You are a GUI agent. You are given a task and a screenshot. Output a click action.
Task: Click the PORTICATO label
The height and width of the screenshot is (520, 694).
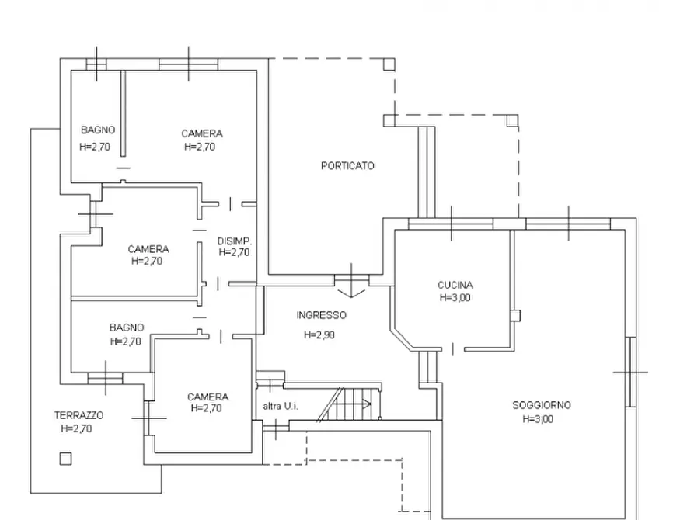[x=347, y=166]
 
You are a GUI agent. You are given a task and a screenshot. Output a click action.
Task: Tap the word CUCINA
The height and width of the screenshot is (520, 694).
[x=455, y=285]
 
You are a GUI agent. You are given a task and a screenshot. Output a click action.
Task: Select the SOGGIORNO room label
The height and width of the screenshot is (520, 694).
[x=542, y=405]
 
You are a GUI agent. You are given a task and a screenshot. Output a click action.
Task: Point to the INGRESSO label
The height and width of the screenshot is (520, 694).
[x=321, y=315]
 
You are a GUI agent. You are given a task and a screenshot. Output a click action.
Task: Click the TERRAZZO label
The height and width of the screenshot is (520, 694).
[x=78, y=415]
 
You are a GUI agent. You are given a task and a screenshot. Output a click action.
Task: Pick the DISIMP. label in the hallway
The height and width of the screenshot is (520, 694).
[x=235, y=241]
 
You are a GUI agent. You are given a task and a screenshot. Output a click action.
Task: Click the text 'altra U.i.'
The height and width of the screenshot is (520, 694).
[x=281, y=406]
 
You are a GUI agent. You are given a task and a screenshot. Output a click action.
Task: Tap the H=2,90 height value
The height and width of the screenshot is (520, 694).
[x=319, y=335]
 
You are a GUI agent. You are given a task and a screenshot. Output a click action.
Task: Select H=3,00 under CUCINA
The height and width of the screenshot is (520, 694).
[x=455, y=297]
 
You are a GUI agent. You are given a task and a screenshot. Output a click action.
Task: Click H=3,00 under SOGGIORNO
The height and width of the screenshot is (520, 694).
[x=539, y=419]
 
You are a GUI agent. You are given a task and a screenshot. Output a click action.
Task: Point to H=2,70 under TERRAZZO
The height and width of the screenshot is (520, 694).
[x=77, y=428]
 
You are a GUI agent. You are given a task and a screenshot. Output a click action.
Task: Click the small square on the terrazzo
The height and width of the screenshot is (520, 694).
[x=65, y=459]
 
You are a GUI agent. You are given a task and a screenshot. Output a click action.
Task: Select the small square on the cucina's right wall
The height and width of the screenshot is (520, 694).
[x=514, y=315]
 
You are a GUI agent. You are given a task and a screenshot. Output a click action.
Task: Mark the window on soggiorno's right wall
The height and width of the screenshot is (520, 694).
[x=631, y=372]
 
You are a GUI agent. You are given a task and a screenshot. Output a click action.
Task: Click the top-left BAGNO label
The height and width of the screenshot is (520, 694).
[x=98, y=130]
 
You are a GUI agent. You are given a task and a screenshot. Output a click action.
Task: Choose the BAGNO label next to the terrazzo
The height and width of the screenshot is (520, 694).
[x=127, y=328]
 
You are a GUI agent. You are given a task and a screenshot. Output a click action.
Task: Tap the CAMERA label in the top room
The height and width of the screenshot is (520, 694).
[x=202, y=133]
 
